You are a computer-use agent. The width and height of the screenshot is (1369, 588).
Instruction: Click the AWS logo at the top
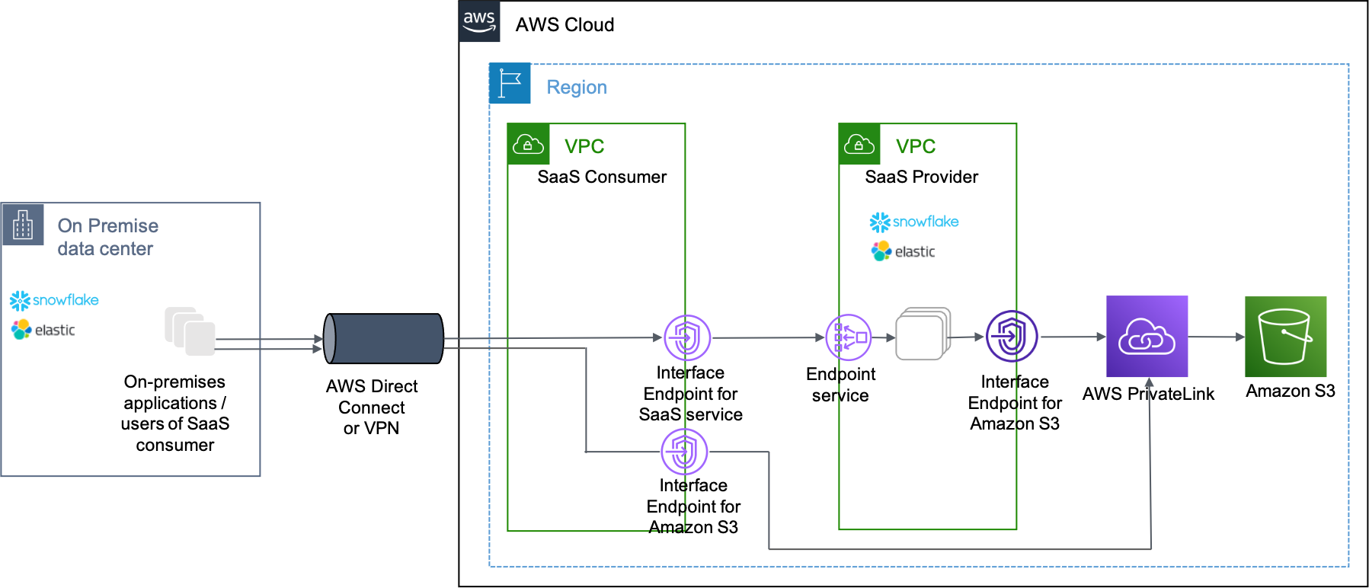tap(479, 21)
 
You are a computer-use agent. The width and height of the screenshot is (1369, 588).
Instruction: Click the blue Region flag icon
tap(510, 84)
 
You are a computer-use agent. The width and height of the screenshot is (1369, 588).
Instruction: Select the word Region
tap(577, 88)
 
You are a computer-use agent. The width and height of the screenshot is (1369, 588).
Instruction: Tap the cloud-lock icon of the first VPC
tap(528, 145)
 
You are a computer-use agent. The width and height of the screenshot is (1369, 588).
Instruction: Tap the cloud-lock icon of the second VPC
tap(859, 145)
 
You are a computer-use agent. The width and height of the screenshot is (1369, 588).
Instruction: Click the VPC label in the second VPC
tap(916, 146)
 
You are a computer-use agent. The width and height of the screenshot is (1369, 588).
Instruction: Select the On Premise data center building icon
tap(23, 225)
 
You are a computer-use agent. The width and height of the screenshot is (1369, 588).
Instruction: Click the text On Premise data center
tap(107, 237)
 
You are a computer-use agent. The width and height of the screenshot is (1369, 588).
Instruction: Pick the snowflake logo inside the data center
tap(54, 300)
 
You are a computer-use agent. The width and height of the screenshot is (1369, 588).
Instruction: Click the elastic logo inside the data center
tap(45, 330)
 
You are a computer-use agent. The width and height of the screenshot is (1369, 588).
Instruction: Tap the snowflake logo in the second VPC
tap(914, 222)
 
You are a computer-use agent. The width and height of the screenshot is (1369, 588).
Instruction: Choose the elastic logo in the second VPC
tap(905, 251)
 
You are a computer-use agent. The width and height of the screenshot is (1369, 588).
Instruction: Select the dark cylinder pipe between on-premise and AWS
tap(383, 338)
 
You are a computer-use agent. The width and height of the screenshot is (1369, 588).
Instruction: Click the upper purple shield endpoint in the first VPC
tap(687, 337)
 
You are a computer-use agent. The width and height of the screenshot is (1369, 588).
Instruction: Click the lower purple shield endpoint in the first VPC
tap(684, 452)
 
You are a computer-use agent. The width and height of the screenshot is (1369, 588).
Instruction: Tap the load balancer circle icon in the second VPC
tap(849, 337)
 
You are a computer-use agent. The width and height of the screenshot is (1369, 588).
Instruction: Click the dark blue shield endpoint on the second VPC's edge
tap(1012, 336)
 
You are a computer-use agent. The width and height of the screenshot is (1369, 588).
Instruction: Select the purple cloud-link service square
tap(1147, 337)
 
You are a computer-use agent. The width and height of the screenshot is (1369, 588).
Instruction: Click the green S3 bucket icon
tap(1285, 337)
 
